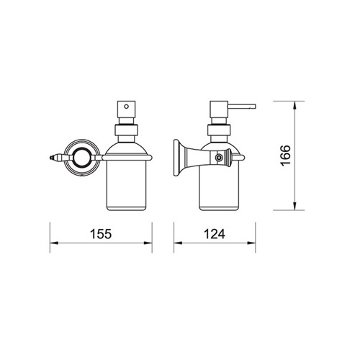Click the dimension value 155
pos(101,234)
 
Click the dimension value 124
pos(215,234)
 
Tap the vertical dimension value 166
pos(286,156)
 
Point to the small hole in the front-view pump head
pos(126,106)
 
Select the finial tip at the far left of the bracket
pos(51,158)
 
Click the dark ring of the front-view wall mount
pos(81,158)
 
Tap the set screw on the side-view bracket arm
pos(218,158)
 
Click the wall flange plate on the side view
pos(177,158)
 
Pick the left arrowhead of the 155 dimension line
pos(54,243)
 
